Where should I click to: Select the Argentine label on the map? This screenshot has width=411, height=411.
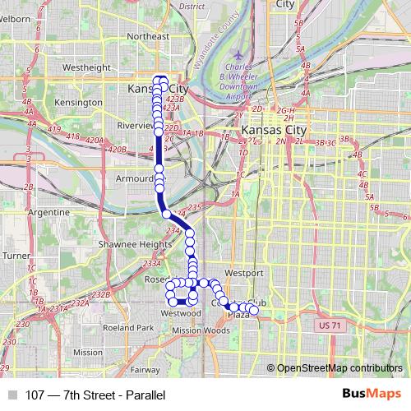point(48,211)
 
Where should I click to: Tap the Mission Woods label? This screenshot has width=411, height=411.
point(201,330)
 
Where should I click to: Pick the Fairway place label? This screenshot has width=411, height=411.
point(144,370)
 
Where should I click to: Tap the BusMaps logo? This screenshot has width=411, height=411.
point(367,395)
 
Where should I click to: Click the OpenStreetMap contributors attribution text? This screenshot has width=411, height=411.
point(339,369)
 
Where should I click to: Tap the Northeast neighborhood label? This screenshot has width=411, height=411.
point(148,36)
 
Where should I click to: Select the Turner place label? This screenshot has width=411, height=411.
point(15,256)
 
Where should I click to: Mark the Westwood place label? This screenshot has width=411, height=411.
point(181,313)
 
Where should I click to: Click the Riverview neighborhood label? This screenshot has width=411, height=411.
point(136,126)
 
